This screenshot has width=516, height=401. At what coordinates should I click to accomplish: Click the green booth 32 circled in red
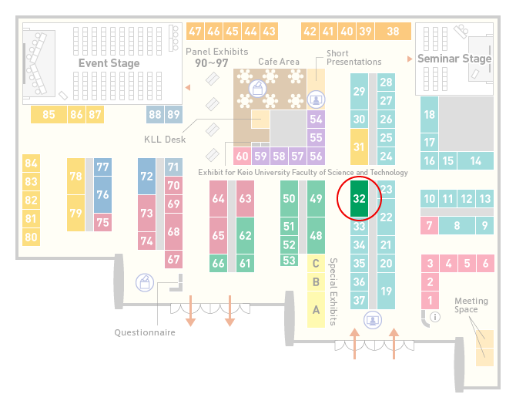click(x=359, y=198)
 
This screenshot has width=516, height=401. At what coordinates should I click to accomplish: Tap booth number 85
click(x=49, y=114)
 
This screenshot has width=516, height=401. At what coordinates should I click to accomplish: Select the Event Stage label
click(x=109, y=63)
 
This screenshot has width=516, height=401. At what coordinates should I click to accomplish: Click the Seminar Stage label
click(x=454, y=59)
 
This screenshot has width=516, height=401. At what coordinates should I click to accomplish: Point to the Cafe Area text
click(x=279, y=62)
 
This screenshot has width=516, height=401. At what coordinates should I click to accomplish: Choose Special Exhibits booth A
click(x=316, y=309)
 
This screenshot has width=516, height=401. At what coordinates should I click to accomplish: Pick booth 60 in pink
click(x=242, y=156)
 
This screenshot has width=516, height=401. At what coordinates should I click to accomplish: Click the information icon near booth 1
click(x=435, y=317)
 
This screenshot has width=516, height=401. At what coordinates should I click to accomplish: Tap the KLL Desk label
click(x=165, y=140)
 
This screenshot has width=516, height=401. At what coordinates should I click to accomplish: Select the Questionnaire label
click(x=145, y=332)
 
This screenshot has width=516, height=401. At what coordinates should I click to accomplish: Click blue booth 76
click(x=102, y=194)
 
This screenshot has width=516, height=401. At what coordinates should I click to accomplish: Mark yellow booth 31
click(x=359, y=147)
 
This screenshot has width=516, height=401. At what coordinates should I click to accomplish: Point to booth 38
click(x=394, y=32)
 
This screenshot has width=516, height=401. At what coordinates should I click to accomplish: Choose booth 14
click(x=475, y=161)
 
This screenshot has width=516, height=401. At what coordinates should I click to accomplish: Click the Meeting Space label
click(x=471, y=305)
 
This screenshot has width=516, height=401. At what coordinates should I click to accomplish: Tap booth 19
click(x=386, y=291)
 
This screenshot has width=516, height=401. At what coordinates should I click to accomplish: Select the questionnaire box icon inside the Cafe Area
click(x=257, y=89)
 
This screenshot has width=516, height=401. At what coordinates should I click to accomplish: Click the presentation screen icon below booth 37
click(x=373, y=320)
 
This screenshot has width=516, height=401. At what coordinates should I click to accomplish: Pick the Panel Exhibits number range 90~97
click(x=212, y=63)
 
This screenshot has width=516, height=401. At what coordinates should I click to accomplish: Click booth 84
click(x=32, y=163)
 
